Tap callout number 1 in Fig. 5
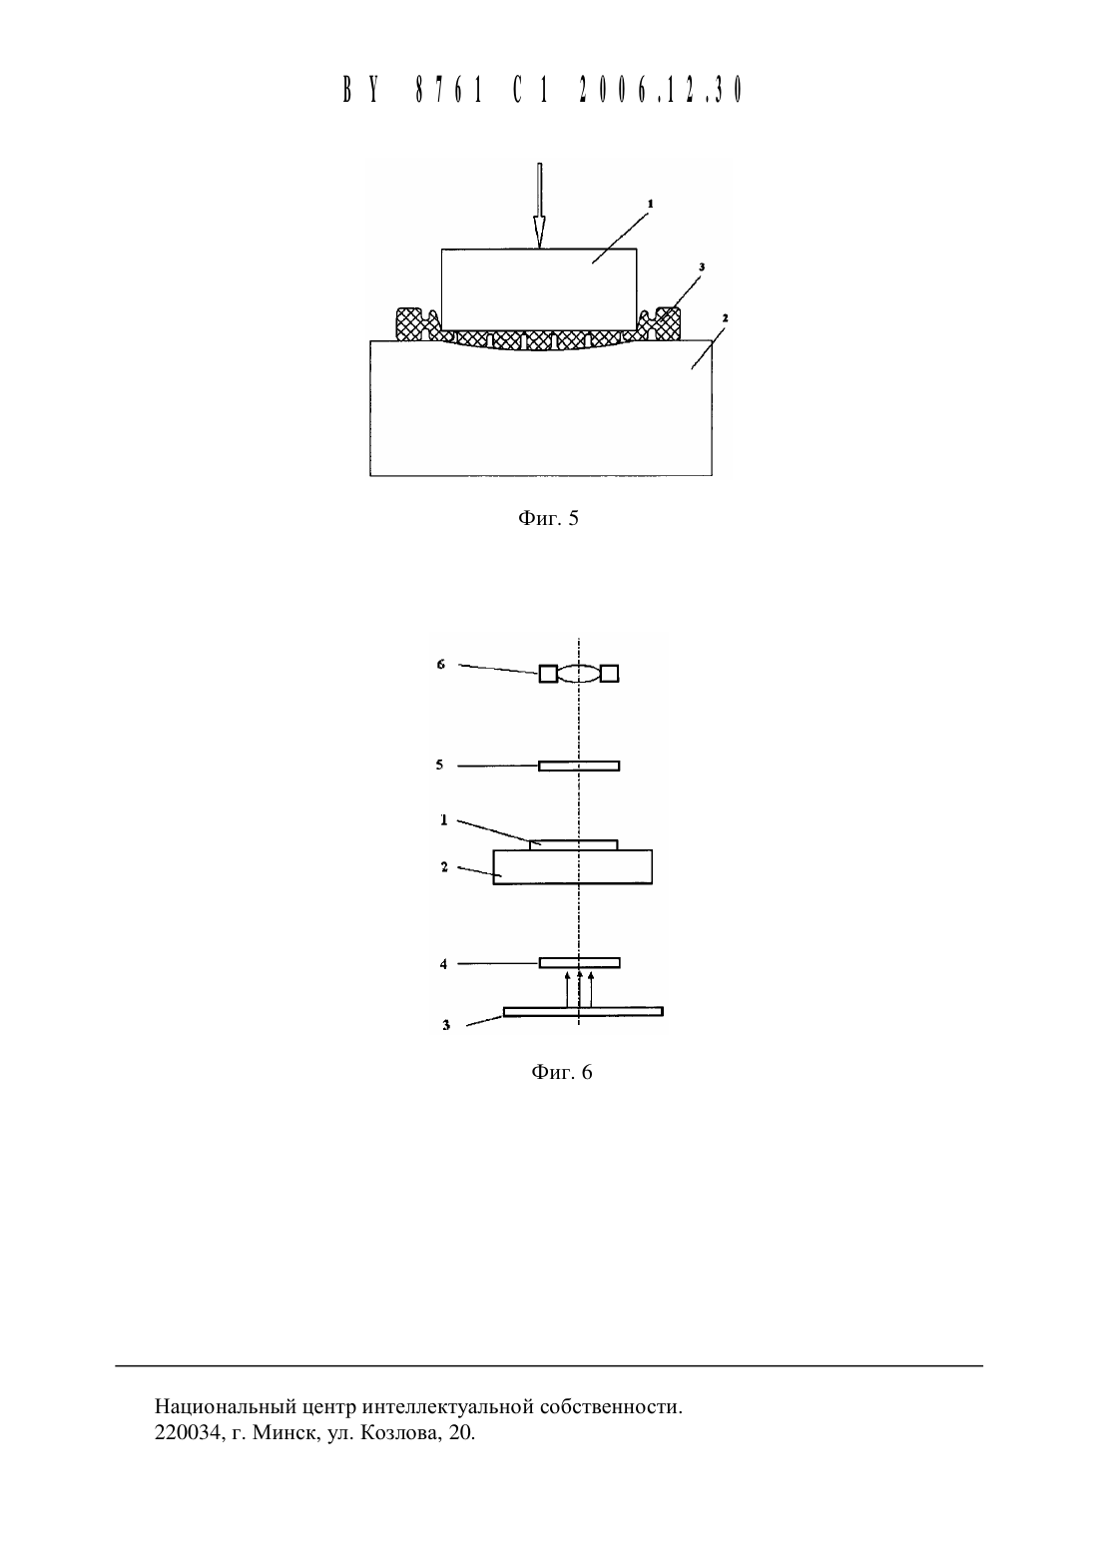tap(651, 204)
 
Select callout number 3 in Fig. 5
tap(702, 266)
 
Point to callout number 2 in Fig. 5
tap(725, 318)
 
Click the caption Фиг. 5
tap(548, 518)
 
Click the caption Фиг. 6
tap(562, 1073)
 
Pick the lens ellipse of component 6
tap(579, 674)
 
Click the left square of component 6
tap(548, 674)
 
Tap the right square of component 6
tap(610, 673)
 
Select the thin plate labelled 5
tap(579, 767)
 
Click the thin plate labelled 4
tap(580, 963)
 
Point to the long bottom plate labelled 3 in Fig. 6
tap(583, 1012)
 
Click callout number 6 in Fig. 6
tap(441, 664)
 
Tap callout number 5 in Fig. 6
tap(439, 766)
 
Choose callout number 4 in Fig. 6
tap(444, 964)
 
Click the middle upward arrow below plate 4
tap(580, 989)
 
